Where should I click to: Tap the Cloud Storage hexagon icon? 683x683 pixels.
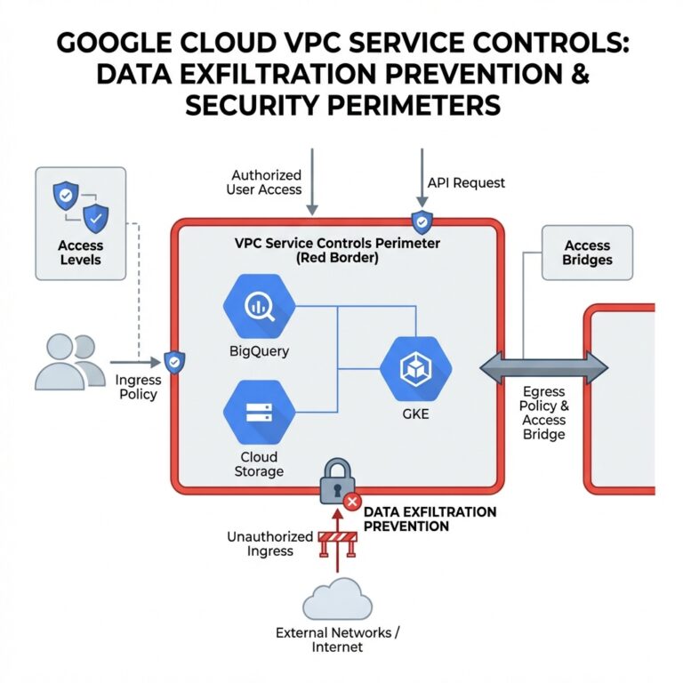point(258,411)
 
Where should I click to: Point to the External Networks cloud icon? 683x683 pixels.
point(337,600)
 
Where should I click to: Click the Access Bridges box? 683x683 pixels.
point(587,253)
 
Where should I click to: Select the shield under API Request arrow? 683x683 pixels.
point(420,222)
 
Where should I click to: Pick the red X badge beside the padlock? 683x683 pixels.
point(352,502)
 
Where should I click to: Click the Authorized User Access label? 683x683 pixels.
point(267,182)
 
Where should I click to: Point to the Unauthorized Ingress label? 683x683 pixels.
point(270,543)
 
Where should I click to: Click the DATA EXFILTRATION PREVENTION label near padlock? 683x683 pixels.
point(430,519)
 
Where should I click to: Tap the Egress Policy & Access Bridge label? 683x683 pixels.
point(544,413)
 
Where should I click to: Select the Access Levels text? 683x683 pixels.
point(80,253)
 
